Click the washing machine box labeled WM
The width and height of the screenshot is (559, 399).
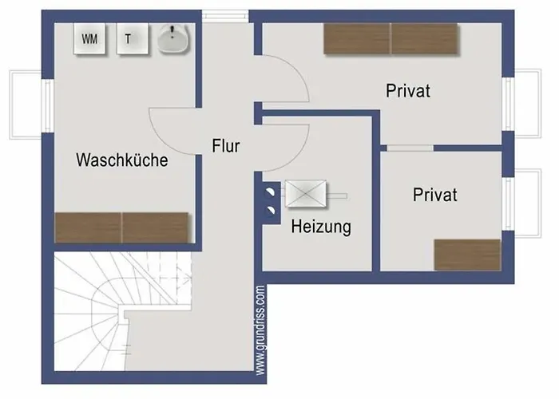[x=89, y=38]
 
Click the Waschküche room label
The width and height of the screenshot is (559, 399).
[x=121, y=160]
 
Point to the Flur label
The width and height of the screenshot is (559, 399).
[x=226, y=146]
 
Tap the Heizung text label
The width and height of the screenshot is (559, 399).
[x=320, y=227]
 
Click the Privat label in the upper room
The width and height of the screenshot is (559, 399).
[x=408, y=91]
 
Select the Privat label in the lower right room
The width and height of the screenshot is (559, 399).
[x=435, y=195]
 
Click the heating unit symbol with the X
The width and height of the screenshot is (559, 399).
[x=307, y=194]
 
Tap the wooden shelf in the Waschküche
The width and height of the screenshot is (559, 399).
[x=121, y=227]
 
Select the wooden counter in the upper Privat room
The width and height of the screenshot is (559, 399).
[x=391, y=38]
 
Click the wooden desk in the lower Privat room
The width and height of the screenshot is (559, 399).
[x=467, y=255]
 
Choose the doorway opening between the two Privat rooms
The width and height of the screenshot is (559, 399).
[x=410, y=148]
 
